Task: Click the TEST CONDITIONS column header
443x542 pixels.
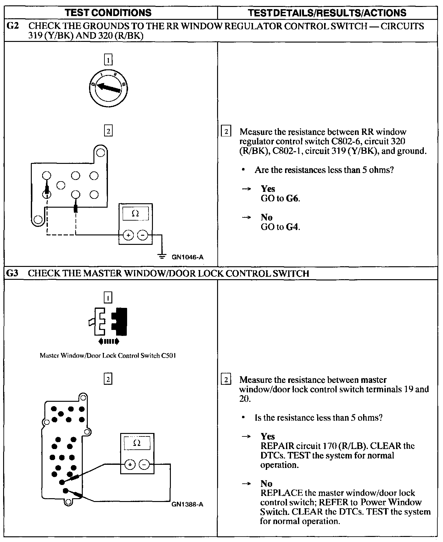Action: tap(108, 13)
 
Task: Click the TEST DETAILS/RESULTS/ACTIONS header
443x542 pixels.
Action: tap(327, 13)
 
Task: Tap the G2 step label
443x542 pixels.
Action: tap(13, 26)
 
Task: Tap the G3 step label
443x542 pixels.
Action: tap(13, 273)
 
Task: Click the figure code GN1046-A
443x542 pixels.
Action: tap(188, 257)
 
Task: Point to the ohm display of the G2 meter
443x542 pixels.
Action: tap(135, 214)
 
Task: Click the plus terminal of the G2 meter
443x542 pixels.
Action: tap(128, 235)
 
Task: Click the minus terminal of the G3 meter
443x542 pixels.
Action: tap(144, 464)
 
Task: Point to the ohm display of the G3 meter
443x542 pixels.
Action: tap(137, 443)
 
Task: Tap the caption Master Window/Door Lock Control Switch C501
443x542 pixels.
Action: tap(108, 355)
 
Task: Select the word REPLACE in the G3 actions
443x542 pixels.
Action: tap(281, 493)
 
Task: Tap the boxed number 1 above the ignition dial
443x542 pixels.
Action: tap(108, 60)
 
